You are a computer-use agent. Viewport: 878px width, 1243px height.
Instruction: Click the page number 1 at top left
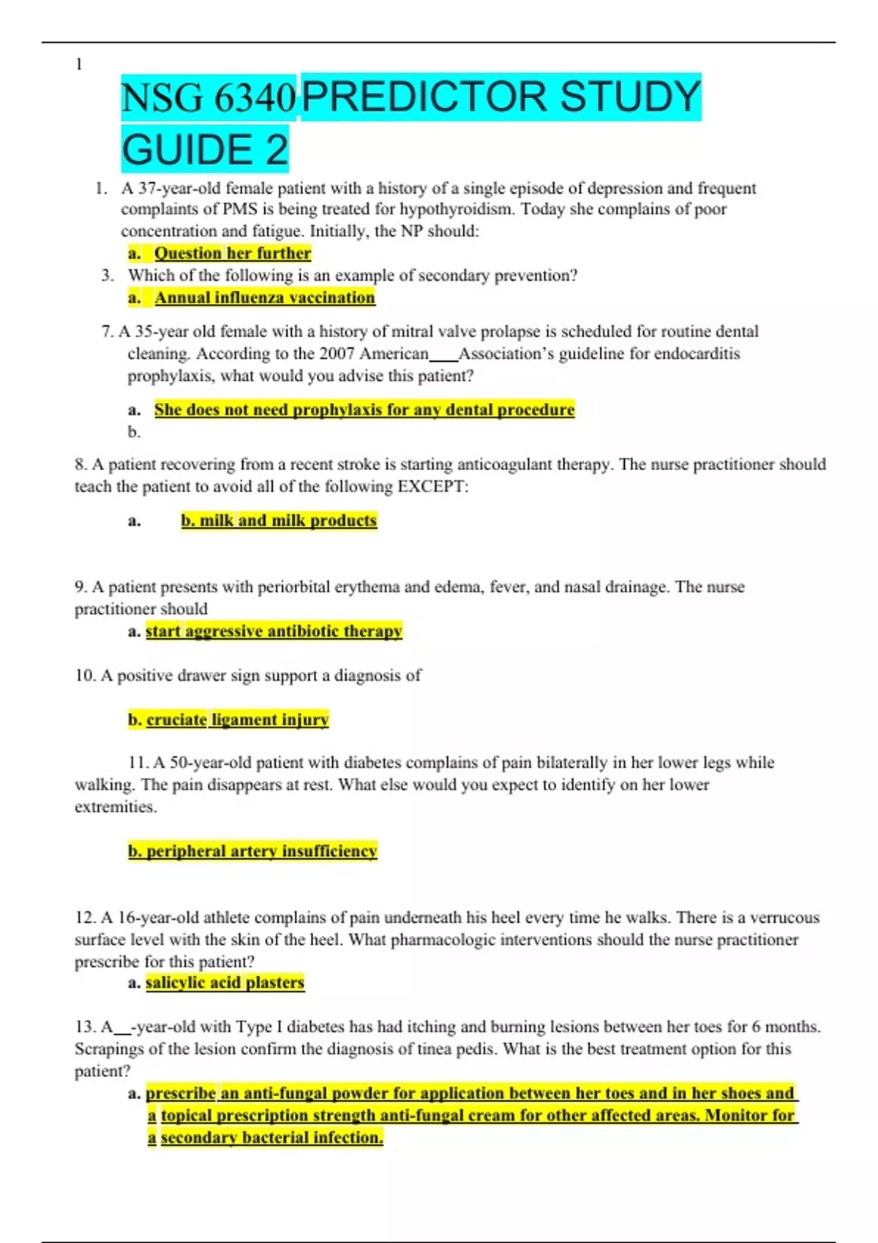79,64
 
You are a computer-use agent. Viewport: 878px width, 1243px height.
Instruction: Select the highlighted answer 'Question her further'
233,253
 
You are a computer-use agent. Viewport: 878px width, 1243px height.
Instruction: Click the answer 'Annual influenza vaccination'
264,298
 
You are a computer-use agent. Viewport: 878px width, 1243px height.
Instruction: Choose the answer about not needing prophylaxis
364,409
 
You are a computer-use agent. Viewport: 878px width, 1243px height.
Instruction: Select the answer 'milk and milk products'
279,521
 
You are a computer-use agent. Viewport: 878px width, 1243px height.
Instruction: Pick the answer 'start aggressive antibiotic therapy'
274,631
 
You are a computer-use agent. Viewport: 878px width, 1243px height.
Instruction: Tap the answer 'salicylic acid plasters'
225,983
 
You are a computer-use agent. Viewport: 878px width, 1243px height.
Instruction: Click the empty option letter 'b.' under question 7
134,432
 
